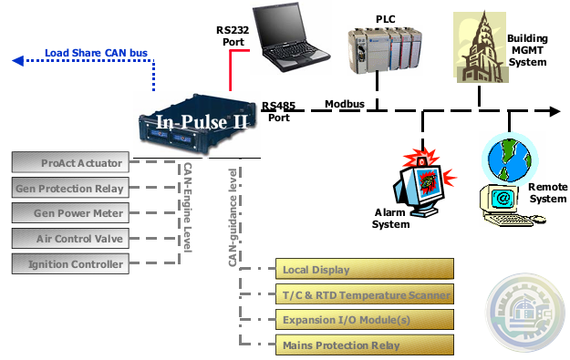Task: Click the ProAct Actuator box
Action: click(67, 164)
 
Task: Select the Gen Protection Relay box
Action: click(67, 189)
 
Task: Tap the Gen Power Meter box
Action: click(67, 213)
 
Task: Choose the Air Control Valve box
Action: click(67, 239)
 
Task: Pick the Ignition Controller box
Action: click(67, 264)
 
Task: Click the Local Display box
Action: click(365, 270)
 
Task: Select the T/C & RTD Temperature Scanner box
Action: click(365, 294)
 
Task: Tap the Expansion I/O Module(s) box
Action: click(365, 320)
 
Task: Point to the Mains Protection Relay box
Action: click(365, 345)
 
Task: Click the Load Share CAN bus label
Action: click(96, 53)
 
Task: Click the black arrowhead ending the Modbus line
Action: click(554, 111)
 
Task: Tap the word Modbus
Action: click(345, 104)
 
